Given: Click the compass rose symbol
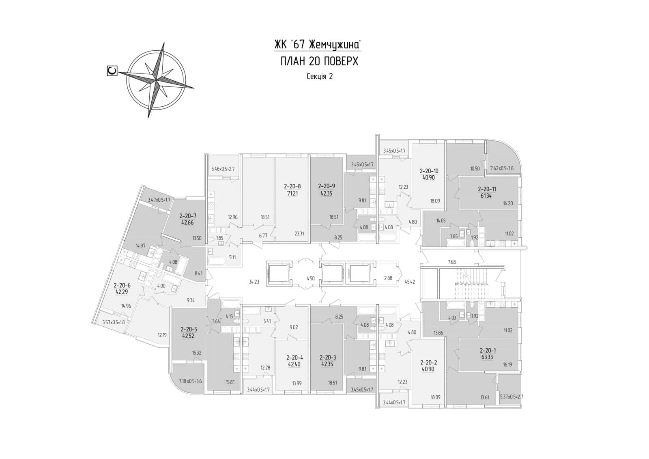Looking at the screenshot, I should point(156,80).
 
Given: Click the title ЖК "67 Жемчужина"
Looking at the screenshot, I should point(318,44).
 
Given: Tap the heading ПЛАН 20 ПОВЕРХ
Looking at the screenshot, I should point(319,61).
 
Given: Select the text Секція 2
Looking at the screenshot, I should point(320,76).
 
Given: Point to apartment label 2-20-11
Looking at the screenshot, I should point(487,189).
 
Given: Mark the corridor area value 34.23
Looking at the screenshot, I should point(254,281).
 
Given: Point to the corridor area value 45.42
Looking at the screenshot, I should point(410,281).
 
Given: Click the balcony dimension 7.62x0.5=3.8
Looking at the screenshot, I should point(502,168).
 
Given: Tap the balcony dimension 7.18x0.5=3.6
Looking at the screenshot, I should point(190,381).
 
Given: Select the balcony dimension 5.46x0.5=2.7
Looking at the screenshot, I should point(223,169).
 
